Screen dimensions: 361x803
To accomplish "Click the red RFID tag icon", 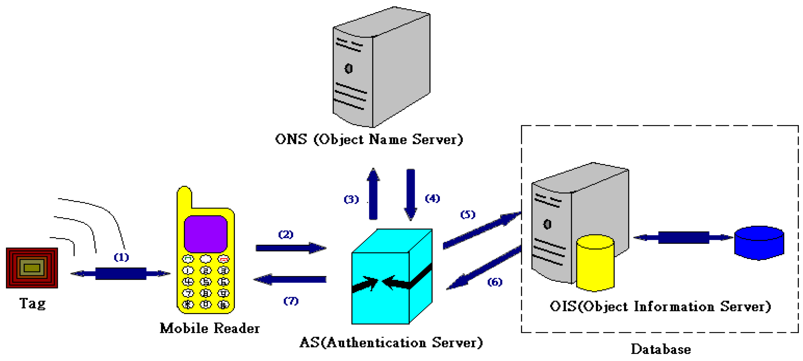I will point(32,268).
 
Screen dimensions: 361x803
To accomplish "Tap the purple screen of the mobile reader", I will point(205,234).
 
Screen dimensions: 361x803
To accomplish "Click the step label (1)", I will point(121,258).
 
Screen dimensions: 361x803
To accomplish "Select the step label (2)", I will point(285,234).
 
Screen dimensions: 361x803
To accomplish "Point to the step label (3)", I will point(351,199).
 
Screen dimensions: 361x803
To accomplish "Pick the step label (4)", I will point(432,198).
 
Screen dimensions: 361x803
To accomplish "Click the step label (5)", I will point(468,214).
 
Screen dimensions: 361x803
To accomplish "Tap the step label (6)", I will point(495,282).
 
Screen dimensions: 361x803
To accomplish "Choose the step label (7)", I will point(291,301).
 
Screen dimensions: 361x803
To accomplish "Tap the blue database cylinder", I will point(759,243).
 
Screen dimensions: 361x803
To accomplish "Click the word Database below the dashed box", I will point(661,349).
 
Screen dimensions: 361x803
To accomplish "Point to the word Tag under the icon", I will point(32,303).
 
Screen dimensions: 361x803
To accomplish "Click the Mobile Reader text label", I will point(209,328).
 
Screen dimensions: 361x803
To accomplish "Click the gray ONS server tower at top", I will point(382,67).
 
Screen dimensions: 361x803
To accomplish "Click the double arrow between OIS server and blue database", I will point(683,237).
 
